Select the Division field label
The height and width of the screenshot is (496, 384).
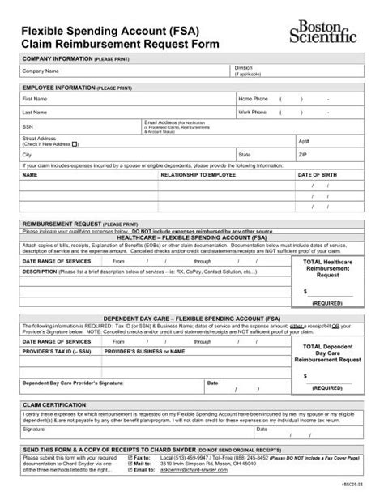[x=243, y=67]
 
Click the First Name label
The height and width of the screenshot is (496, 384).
[x=35, y=98]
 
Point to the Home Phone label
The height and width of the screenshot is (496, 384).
[x=252, y=98]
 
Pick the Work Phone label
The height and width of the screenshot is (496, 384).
[x=252, y=112]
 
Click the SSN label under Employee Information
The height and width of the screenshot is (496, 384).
[x=28, y=126]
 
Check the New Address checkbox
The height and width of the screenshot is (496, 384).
[x=75, y=143]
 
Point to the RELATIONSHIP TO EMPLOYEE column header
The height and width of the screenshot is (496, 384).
[x=195, y=174]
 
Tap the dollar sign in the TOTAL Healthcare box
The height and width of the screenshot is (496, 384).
[x=305, y=289]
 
